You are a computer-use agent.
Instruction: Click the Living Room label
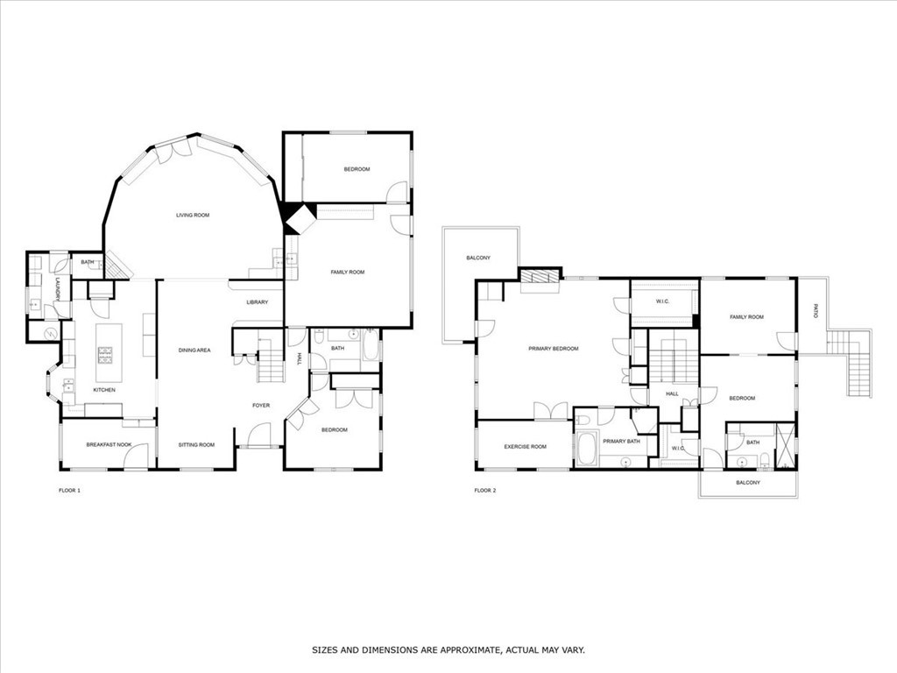point(192,215)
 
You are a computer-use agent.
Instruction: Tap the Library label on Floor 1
point(257,302)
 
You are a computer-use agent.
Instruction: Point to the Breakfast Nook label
point(109,445)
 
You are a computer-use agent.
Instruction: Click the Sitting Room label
point(196,445)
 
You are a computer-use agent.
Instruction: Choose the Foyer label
point(261,406)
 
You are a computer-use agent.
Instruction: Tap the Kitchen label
point(104,390)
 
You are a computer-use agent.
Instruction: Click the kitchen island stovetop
point(104,355)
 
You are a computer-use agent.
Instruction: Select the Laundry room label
point(58,289)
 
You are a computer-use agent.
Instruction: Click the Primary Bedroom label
point(554,349)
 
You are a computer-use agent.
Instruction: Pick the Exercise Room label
point(525,447)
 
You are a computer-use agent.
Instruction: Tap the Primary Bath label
point(621,441)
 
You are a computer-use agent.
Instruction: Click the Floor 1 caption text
point(63,491)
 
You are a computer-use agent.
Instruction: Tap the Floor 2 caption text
point(485,491)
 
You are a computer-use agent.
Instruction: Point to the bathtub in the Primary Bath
point(585,447)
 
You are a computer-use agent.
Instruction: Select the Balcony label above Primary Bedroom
point(477,258)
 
